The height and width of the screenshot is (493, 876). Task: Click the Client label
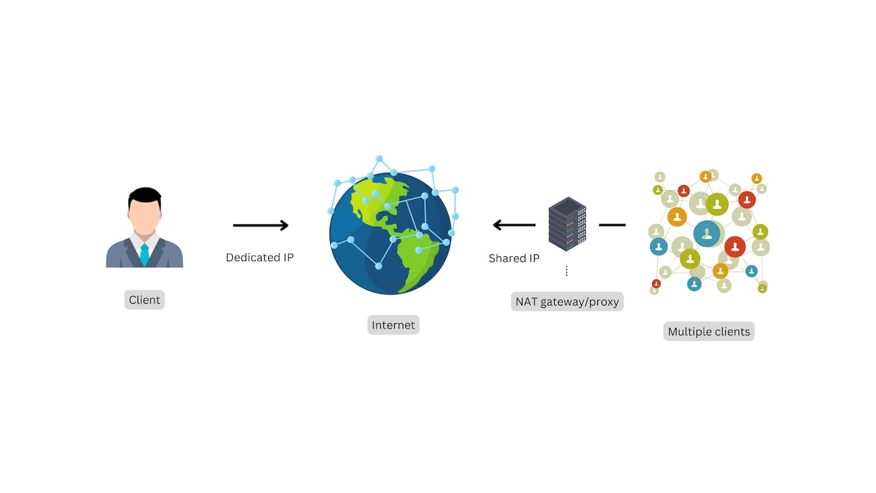tap(144, 300)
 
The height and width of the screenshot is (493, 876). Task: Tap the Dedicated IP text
tap(260, 257)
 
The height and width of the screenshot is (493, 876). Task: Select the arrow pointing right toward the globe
tap(260, 226)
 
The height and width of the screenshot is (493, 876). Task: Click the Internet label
tap(393, 325)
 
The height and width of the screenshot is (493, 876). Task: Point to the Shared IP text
tap(514, 258)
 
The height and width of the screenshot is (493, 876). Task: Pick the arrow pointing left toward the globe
tap(514, 225)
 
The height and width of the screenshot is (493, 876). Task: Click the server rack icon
tap(567, 223)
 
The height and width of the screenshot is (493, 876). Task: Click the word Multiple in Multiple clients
tap(690, 332)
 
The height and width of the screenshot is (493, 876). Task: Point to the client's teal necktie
tap(144, 254)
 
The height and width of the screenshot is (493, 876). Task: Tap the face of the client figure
tap(145, 216)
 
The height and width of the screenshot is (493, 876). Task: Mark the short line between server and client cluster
tap(612, 225)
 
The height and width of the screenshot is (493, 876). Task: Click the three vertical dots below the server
tap(566, 271)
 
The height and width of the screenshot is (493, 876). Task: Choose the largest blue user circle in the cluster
tap(707, 234)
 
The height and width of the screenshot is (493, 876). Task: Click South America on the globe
tap(417, 256)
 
